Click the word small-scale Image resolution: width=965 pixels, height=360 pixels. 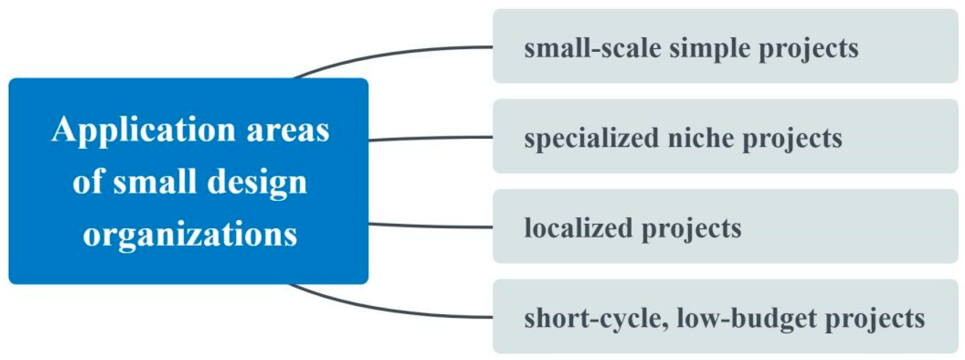pos(592,48)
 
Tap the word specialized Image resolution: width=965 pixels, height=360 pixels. pos(591,138)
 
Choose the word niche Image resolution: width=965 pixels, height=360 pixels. pos(701,137)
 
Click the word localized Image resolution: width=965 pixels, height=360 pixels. pos(578,227)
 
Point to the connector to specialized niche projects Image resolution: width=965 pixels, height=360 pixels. pos(429,138)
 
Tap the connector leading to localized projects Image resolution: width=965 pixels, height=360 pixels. pos(429,226)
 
